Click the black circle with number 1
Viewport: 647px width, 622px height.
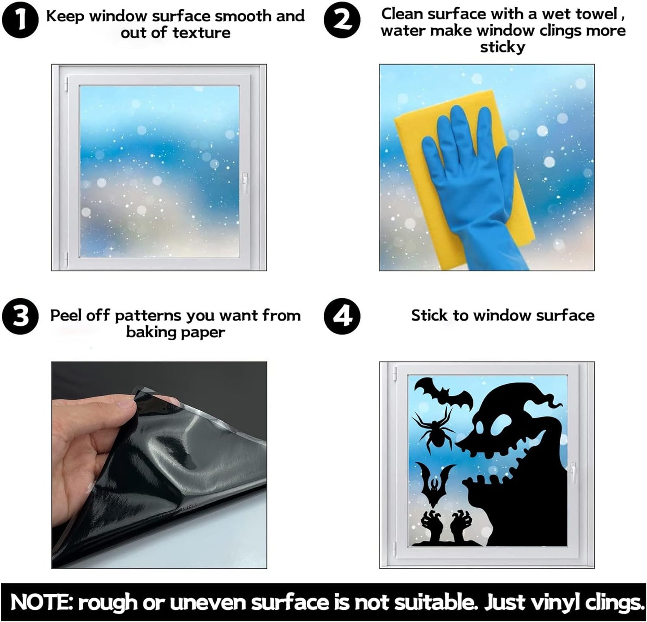[20, 20]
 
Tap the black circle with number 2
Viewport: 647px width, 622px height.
[342, 20]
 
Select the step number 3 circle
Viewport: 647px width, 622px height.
[20, 316]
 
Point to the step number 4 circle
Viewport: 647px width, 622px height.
[342, 316]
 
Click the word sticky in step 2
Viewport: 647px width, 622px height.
[503, 47]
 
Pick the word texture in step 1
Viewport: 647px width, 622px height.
[201, 33]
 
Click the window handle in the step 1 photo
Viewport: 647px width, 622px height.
[245, 183]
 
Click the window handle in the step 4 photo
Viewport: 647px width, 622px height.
[573, 473]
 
